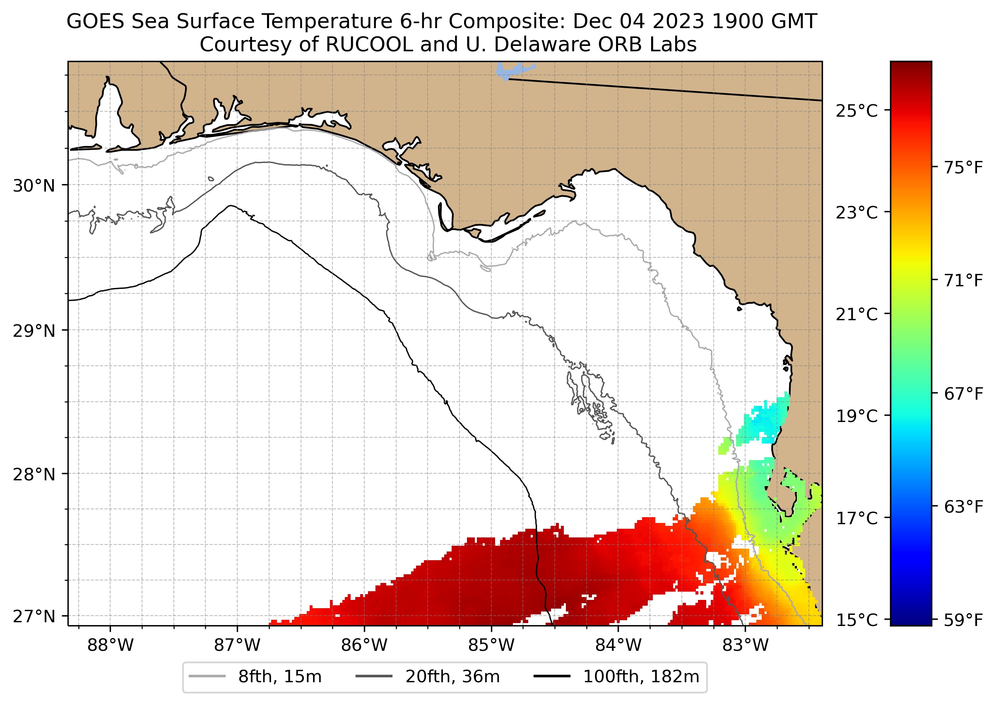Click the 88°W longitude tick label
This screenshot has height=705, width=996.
click(x=111, y=645)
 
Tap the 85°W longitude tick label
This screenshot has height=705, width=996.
click(x=491, y=645)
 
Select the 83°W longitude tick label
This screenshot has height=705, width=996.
click(x=746, y=645)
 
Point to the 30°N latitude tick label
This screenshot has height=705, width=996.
click(x=34, y=186)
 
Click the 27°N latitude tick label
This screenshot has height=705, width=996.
click(x=34, y=616)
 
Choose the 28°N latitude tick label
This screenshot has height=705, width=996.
click(x=34, y=475)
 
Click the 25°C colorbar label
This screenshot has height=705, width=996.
click(x=856, y=111)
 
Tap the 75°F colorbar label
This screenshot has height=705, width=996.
click(x=963, y=168)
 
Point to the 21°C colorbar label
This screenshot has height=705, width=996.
click(x=856, y=314)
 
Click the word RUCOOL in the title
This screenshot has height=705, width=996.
click(x=369, y=45)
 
